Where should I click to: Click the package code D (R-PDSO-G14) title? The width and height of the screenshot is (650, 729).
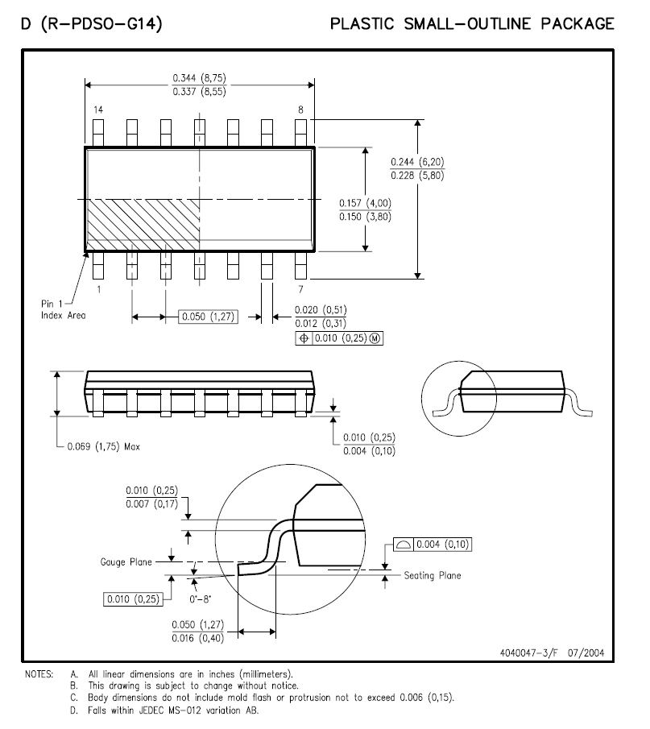[92, 23]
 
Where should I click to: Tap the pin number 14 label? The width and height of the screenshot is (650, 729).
[98, 110]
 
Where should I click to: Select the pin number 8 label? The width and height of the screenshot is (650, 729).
[300, 110]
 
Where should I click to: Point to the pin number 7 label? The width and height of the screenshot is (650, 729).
[300, 289]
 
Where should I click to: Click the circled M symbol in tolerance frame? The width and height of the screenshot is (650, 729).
[375, 338]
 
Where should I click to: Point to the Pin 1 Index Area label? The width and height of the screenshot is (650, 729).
[64, 309]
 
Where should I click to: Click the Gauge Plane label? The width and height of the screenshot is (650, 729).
[126, 562]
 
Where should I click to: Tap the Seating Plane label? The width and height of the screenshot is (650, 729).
[433, 576]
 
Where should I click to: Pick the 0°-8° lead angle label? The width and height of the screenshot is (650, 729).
[200, 599]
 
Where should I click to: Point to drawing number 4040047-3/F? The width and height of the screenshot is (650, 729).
[528, 652]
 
